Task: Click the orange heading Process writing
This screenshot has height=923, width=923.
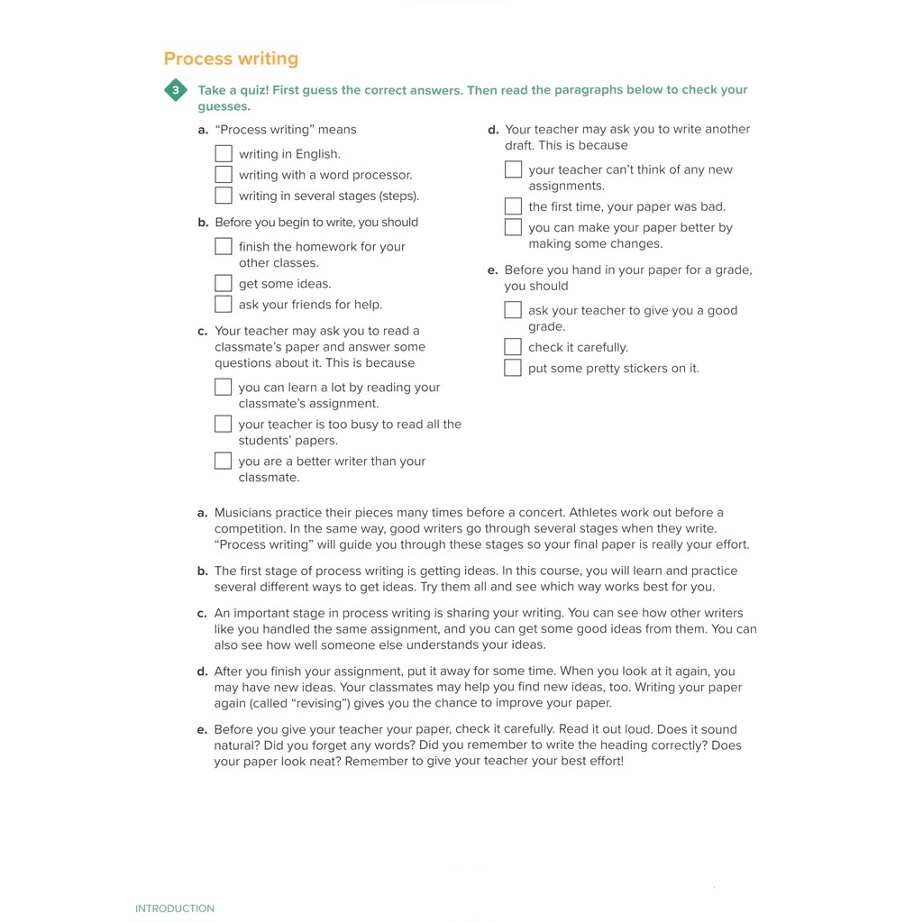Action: pos(231,59)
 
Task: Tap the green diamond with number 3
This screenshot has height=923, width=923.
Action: pos(176,90)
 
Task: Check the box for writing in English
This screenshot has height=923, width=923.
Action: pos(224,154)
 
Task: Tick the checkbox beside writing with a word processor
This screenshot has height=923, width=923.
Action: pos(224,175)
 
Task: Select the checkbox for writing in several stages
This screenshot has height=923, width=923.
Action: pos(224,196)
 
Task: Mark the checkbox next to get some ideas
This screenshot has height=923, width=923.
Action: pos(224,284)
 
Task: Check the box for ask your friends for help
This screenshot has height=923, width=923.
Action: pos(224,305)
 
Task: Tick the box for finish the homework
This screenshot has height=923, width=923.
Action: pos(224,246)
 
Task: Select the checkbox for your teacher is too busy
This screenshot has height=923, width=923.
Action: pos(224,424)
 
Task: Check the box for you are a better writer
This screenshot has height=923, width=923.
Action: pos(224,461)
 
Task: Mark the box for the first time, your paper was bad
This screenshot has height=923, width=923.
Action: pos(513,206)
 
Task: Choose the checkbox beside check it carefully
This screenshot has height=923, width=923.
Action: pos(513,347)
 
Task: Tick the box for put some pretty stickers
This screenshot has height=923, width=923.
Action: pos(513,368)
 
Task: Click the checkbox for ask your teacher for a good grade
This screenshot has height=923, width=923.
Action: pos(513,310)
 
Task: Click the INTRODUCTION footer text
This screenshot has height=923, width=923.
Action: pos(175,909)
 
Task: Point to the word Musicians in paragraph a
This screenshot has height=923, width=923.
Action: pos(243,513)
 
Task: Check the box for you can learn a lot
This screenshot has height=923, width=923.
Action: pos(224,387)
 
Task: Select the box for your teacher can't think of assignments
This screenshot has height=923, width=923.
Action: pos(513,169)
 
